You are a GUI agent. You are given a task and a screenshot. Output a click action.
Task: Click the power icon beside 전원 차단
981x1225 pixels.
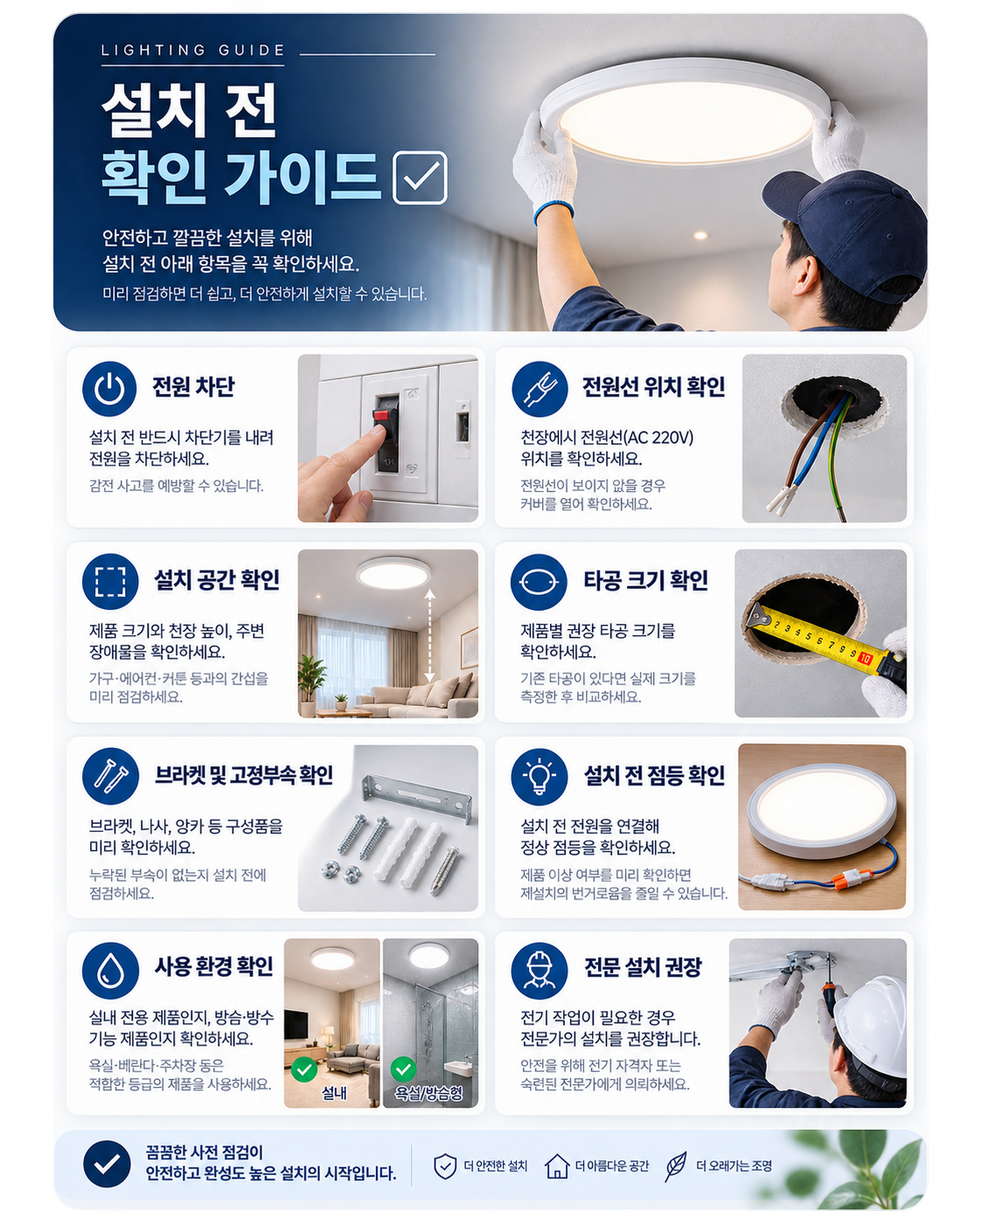[x=108, y=389]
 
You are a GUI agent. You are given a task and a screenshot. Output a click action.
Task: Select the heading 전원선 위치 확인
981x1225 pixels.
[x=653, y=386]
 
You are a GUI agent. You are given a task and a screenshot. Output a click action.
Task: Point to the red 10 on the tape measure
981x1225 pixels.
[x=865, y=659]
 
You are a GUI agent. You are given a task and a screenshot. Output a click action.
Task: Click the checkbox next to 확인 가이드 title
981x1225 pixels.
[x=420, y=177]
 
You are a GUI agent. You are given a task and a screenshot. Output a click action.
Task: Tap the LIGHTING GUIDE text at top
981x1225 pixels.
[x=192, y=50]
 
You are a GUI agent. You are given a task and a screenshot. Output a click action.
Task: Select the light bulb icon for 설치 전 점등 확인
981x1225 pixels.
[x=539, y=776]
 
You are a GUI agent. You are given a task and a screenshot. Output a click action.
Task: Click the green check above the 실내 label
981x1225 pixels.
[x=305, y=1069]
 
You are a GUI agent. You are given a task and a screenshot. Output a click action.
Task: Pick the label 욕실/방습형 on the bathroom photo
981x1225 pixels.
[x=428, y=1093]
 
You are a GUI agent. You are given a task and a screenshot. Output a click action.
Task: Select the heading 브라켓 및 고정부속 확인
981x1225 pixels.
[x=244, y=775]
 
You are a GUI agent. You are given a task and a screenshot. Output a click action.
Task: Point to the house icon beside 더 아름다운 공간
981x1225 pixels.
[x=557, y=1166]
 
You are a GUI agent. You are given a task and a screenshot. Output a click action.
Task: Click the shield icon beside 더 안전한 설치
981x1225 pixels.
[x=445, y=1166]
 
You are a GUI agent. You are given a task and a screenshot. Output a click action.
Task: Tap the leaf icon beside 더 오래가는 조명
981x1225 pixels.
[x=676, y=1166]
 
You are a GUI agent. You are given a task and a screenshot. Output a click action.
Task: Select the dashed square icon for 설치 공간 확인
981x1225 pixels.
[x=110, y=581]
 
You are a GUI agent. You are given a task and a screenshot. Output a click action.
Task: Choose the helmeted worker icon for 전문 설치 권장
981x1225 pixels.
[x=539, y=971]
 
